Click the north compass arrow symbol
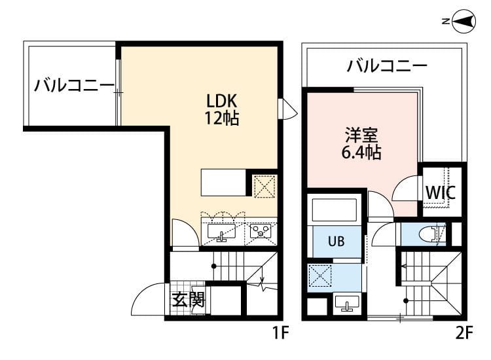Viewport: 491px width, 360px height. (464, 22)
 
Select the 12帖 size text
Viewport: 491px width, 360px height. (222, 119)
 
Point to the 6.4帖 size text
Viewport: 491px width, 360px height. (361, 154)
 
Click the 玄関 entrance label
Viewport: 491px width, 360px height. (189, 300)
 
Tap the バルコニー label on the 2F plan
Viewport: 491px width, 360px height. (387, 65)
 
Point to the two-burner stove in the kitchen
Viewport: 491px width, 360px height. (260, 231)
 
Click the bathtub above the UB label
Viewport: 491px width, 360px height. (334, 211)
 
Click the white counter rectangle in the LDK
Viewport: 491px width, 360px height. (223, 183)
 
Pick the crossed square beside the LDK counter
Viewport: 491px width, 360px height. (264, 187)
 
